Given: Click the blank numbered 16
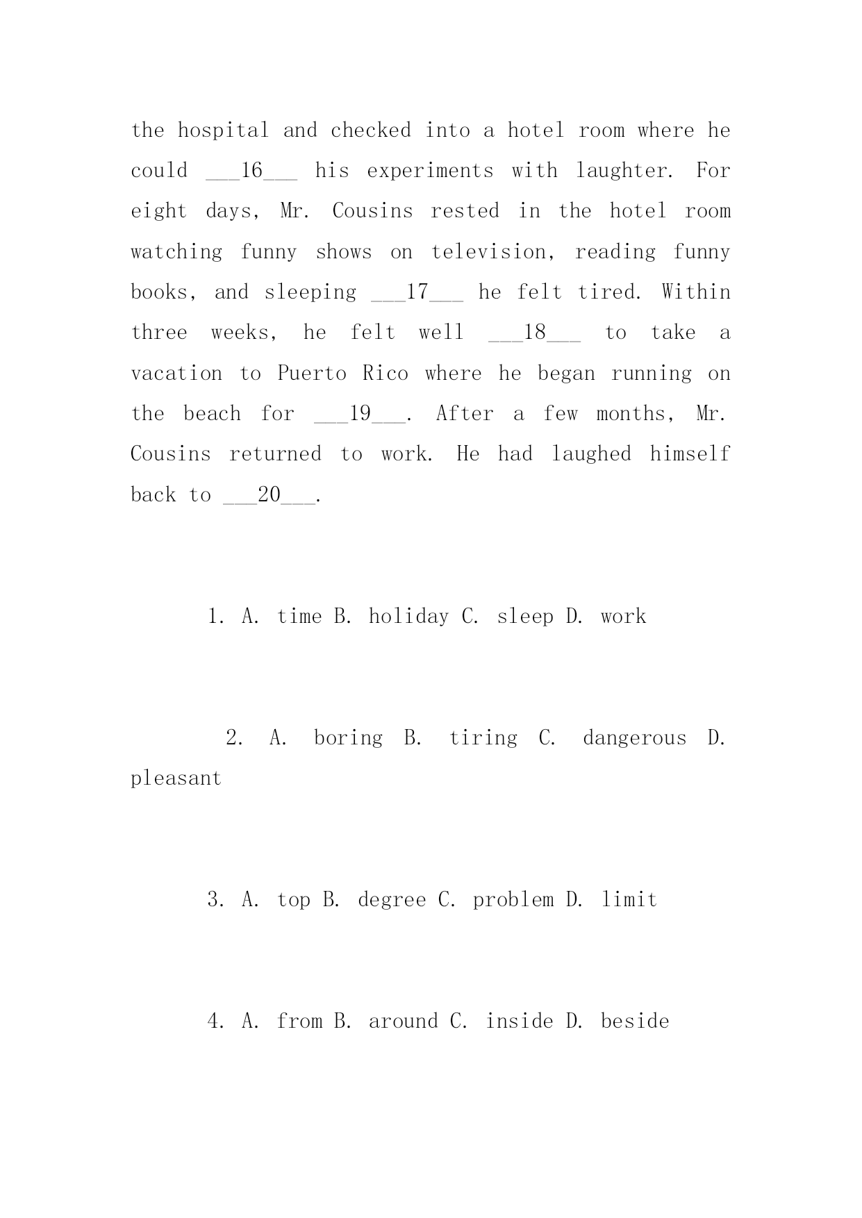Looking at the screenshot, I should (251, 171).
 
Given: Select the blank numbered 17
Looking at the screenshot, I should (417, 292).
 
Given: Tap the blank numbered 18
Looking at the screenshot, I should (534, 333).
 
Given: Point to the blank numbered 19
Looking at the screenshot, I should (360, 414).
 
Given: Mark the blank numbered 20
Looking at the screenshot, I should (269, 495).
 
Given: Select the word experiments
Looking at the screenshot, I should (430, 171).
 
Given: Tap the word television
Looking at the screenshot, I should (492, 252).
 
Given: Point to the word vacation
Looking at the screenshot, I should (176, 374).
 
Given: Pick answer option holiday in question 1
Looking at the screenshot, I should (408, 617).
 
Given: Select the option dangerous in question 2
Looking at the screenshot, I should (634, 737).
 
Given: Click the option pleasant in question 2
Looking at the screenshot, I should (176, 778).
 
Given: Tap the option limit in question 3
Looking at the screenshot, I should (629, 900).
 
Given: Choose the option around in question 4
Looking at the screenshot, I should (403, 1021).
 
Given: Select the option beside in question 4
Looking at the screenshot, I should (635, 1021).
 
